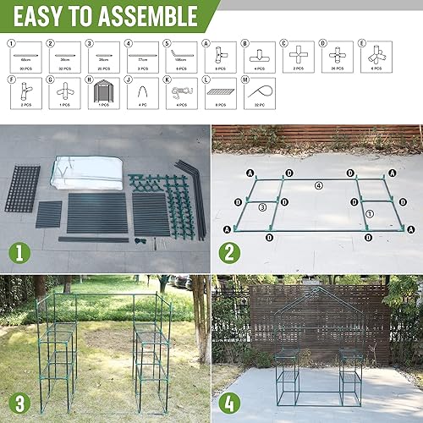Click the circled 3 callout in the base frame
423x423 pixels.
(264, 206)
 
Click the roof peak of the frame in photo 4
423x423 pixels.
(317, 289)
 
